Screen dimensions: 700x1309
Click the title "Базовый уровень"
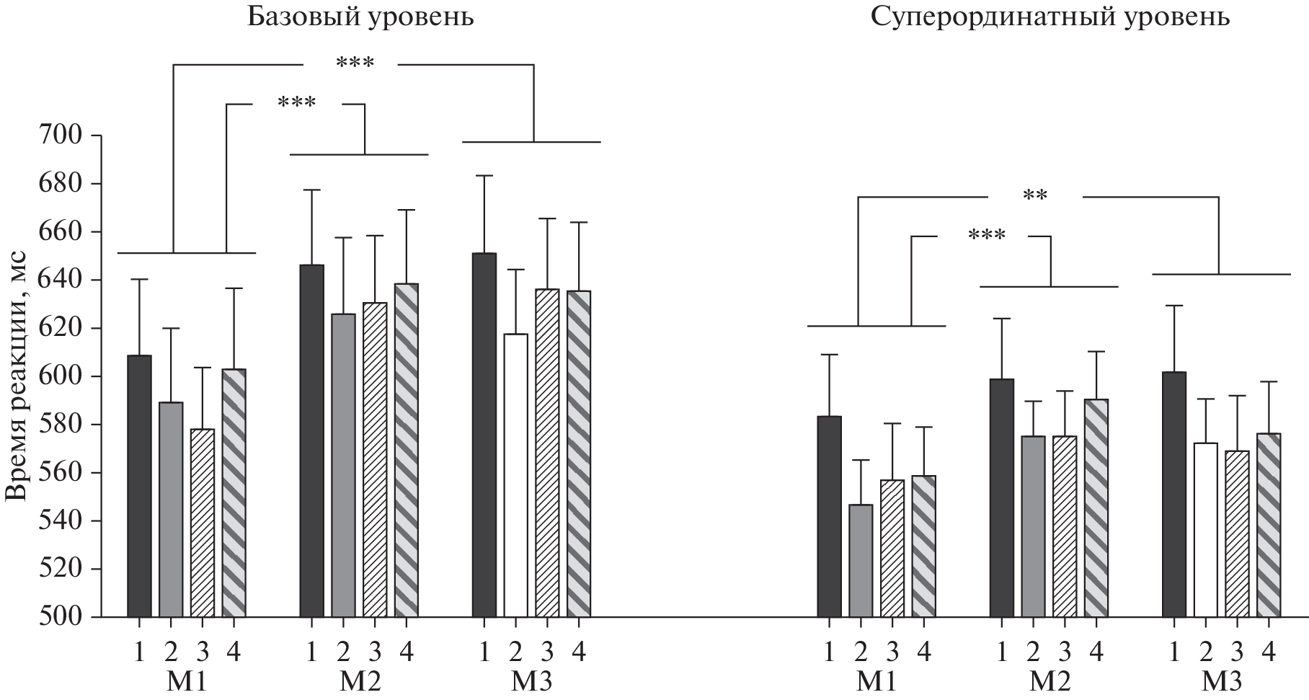360,17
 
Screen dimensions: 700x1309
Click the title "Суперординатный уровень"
1050,17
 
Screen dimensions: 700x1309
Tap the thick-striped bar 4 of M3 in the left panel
579,454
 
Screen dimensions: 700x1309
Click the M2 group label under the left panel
358,681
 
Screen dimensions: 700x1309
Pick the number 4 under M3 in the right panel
1269,652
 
